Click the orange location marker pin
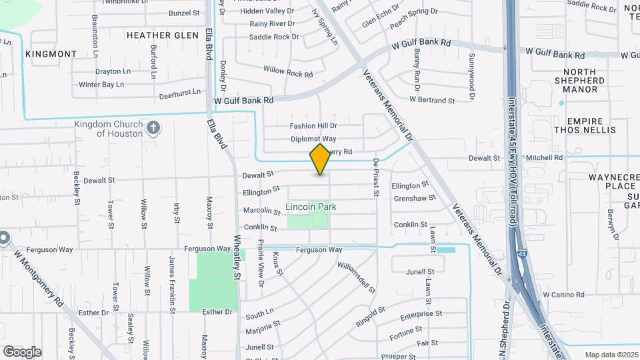click(x=320, y=159)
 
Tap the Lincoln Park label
click(x=311, y=207)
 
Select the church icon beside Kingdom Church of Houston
click(x=153, y=128)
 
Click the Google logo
click(x=22, y=351)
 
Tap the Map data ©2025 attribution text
click(x=611, y=354)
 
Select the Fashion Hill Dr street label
click(x=313, y=126)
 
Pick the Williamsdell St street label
click(x=353, y=274)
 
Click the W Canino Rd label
click(x=563, y=294)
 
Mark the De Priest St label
click(x=376, y=177)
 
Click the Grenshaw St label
click(x=414, y=198)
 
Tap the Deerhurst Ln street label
click(x=180, y=94)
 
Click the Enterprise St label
click(x=421, y=313)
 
